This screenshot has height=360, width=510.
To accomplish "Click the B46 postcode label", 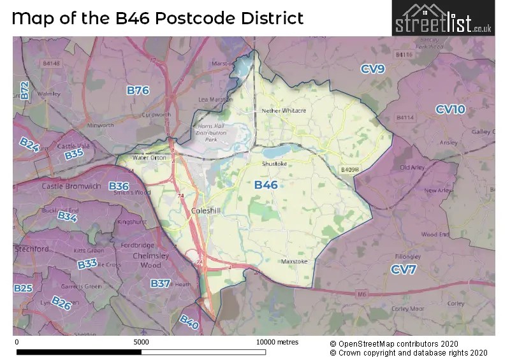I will pyautogui.click(x=266, y=185).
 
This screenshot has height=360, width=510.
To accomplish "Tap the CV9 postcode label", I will pyautogui.click(x=372, y=69).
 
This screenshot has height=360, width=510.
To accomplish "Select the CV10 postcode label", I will pyautogui.click(x=450, y=110).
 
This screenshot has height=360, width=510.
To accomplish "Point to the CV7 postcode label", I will pyautogui.click(x=404, y=270).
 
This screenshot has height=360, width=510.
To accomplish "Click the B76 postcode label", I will pyautogui.click(x=138, y=90).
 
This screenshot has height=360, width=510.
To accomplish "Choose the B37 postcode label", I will pyautogui.click(x=160, y=283).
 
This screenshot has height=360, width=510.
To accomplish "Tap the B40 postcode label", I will pyautogui.click(x=189, y=322).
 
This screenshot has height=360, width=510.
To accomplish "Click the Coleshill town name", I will pyautogui.click(x=206, y=210).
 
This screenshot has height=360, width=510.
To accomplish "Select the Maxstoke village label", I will pyautogui.click(x=295, y=261).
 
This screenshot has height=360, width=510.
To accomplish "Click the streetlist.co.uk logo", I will pyautogui.click(x=443, y=18).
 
